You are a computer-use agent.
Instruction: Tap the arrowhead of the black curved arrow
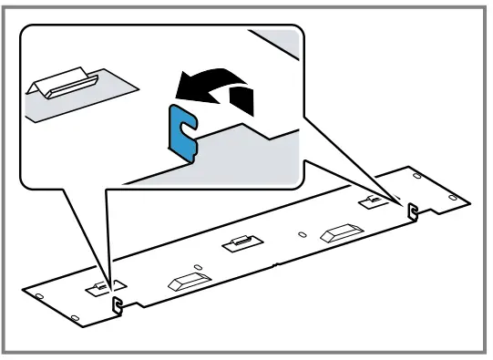(x=181, y=87)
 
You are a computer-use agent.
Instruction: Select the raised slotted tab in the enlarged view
(x=65, y=87)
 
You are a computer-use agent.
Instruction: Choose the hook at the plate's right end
(x=412, y=211)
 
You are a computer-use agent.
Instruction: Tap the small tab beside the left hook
(x=96, y=287)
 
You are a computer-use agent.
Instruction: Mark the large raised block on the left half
(x=186, y=280)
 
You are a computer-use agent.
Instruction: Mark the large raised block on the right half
(x=339, y=231)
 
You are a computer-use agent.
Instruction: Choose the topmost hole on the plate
(x=416, y=172)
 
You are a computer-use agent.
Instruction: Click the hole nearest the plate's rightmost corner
(x=456, y=194)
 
